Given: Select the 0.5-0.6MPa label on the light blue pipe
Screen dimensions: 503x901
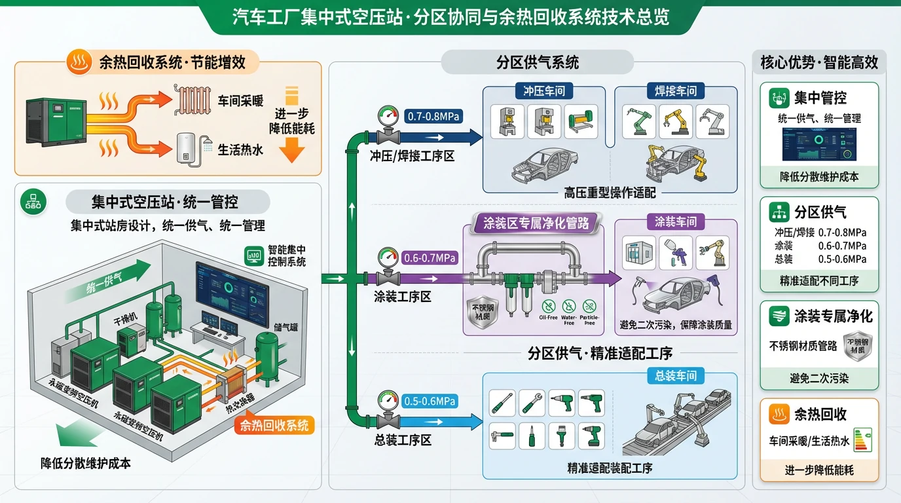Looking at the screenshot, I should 430,401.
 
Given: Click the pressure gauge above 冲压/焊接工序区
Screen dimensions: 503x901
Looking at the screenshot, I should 388,119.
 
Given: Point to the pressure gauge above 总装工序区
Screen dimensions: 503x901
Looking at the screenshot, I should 388,401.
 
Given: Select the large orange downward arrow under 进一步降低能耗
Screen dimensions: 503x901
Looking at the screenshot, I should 291,152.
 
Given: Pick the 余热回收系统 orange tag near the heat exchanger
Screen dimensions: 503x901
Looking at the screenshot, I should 274,426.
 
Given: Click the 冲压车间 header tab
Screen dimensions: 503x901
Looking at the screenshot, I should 544,90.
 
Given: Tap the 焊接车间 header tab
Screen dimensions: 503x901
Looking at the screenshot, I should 675,90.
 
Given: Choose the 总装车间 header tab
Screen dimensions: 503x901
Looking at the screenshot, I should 675,376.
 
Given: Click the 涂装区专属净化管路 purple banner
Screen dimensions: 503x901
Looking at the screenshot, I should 536,223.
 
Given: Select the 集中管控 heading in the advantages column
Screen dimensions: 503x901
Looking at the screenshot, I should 820,98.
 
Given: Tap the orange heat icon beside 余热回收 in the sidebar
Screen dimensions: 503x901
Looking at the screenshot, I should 778,414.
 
